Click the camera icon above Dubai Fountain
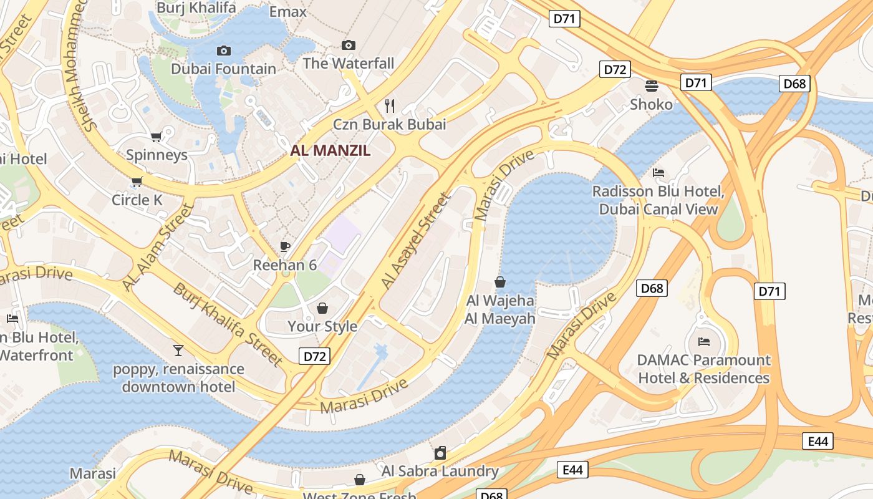tap(223, 51)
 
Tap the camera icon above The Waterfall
tap(349, 45)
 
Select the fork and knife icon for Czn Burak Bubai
tap(390, 105)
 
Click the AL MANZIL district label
tap(330, 150)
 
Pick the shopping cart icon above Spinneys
tap(156, 137)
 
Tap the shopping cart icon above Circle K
tap(137, 182)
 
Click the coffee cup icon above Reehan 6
tap(285, 246)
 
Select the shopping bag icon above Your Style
tap(322, 308)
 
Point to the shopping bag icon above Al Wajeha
tap(499, 282)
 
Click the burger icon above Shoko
tap(651, 85)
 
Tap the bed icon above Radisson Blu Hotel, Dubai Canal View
tap(658, 173)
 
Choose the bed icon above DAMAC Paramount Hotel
tap(703, 341)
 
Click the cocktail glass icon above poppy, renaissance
tap(178, 351)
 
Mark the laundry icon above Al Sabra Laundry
tap(440, 453)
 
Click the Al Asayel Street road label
tap(415, 241)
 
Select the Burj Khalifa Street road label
tap(228, 324)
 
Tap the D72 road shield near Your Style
tap(314, 356)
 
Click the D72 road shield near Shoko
tap(615, 69)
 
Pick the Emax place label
tap(287, 11)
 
